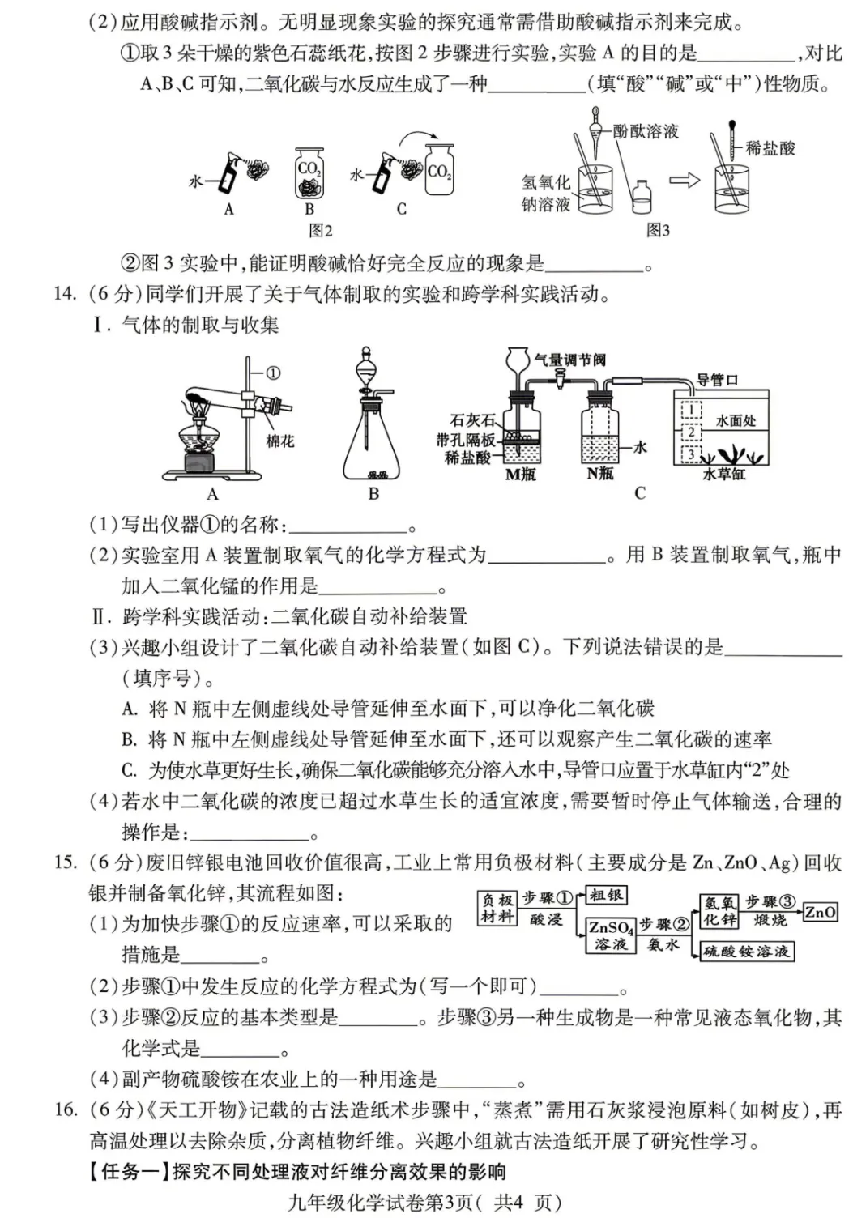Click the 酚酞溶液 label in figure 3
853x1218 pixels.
[645, 131]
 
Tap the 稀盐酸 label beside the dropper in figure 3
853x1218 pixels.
[770, 148]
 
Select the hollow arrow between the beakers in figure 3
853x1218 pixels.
[684, 181]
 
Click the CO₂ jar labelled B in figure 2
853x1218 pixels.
[309, 174]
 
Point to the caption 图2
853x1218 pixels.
[321, 231]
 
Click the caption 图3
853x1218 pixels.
[658, 231]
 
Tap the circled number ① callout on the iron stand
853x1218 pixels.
[273, 373]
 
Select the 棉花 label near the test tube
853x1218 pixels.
[280, 441]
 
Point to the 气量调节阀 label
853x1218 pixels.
[569, 360]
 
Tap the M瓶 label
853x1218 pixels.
[521, 475]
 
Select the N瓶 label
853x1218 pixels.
[600, 474]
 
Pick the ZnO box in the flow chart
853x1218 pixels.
[820, 913]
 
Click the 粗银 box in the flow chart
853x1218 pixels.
[606, 895]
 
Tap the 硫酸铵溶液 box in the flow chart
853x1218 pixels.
[746, 951]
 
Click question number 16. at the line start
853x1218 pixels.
[66, 1109]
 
